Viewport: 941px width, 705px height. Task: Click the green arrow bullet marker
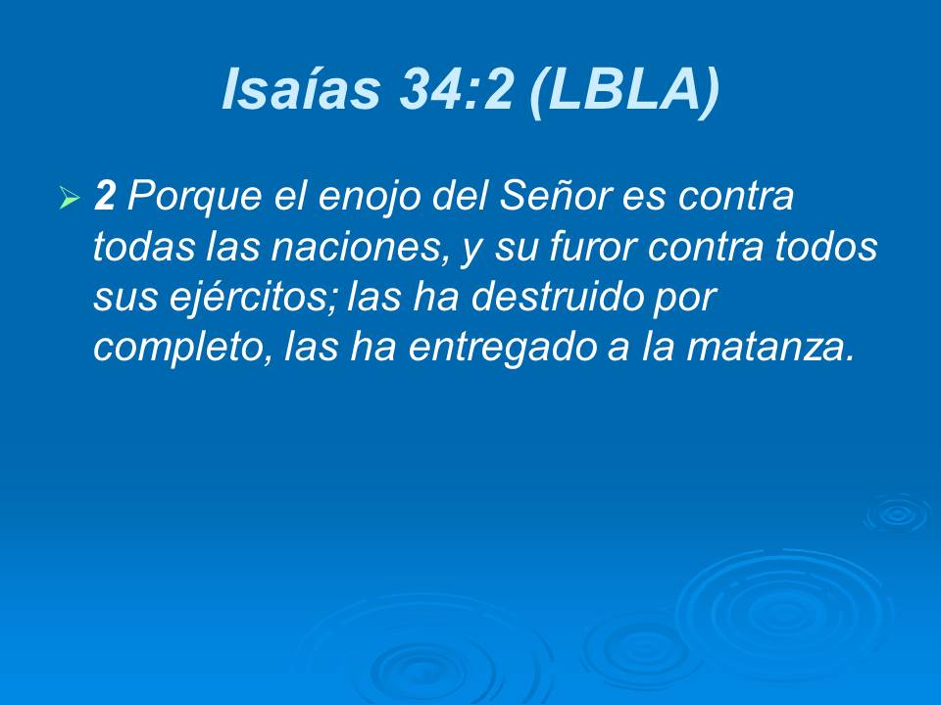pyautogui.click(x=69, y=200)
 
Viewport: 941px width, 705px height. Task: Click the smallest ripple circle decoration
pyautogui.click(x=896, y=513)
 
